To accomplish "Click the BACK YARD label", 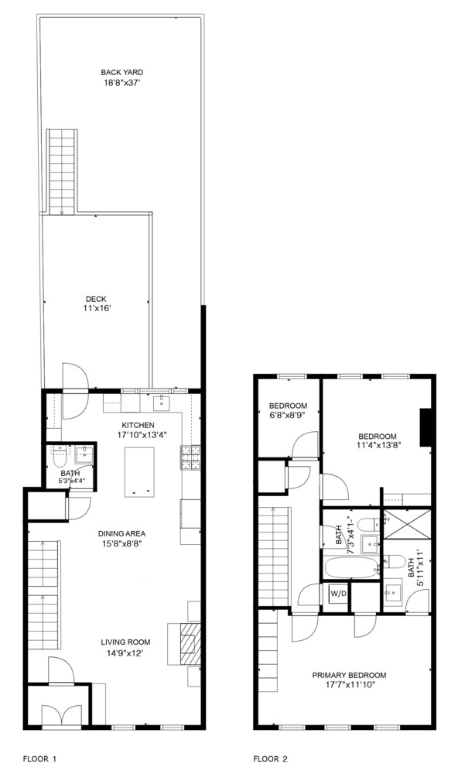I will pyautogui.click(x=122, y=72).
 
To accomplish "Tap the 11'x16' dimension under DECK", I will pyautogui.click(x=97, y=308).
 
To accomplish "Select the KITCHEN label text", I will pyautogui.click(x=138, y=425).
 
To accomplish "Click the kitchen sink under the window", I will pyautogui.click(x=162, y=402).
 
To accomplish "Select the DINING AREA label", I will pyautogui.click(x=122, y=533).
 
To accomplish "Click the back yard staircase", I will pyautogui.click(x=60, y=172).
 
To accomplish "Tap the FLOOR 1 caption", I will pyautogui.click(x=39, y=759).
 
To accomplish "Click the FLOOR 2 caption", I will pyautogui.click(x=272, y=759).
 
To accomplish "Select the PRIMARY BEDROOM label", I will pyautogui.click(x=349, y=675).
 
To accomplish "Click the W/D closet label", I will pyautogui.click(x=338, y=594).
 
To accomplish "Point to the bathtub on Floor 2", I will pyautogui.click(x=350, y=567).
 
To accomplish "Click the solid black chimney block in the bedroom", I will pyautogui.click(x=425, y=428).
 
